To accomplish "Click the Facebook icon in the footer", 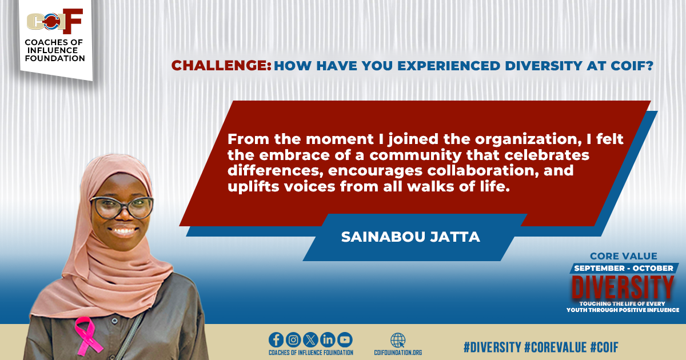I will click(x=277, y=340).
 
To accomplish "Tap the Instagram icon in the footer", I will click(x=293, y=340).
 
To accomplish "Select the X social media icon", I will click(x=310, y=340).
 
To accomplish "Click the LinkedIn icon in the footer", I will click(x=328, y=340).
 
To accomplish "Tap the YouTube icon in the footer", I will click(x=345, y=340).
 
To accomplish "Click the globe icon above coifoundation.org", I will click(x=398, y=340).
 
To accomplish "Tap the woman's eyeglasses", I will click(x=122, y=207).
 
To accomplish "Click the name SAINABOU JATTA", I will click(x=410, y=237).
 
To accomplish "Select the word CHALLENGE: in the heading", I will click(x=221, y=66).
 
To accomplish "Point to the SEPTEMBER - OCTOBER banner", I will click(x=624, y=268).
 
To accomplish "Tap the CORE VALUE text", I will click(x=624, y=256).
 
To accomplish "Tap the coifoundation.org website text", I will click(x=398, y=353).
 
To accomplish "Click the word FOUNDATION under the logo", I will click(x=55, y=58).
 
